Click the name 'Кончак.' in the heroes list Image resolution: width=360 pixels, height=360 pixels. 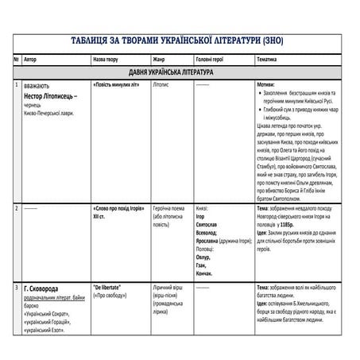click(206, 273)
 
